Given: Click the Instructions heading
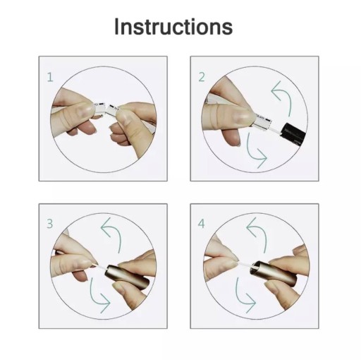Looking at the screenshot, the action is click(x=173, y=27).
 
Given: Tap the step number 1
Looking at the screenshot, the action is click(x=50, y=78).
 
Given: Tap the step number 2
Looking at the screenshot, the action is click(x=202, y=78).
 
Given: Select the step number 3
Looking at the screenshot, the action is click(x=50, y=224).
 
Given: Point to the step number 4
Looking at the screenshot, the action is click(x=202, y=224).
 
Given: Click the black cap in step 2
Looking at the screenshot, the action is click(x=294, y=133).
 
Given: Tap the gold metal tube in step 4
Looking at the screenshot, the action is click(x=274, y=273).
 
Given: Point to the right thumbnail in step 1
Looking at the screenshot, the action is click(x=124, y=117).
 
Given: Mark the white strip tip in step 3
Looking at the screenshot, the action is click(x=96, y=265).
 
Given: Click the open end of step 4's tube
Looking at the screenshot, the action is click(x=255, y=268).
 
